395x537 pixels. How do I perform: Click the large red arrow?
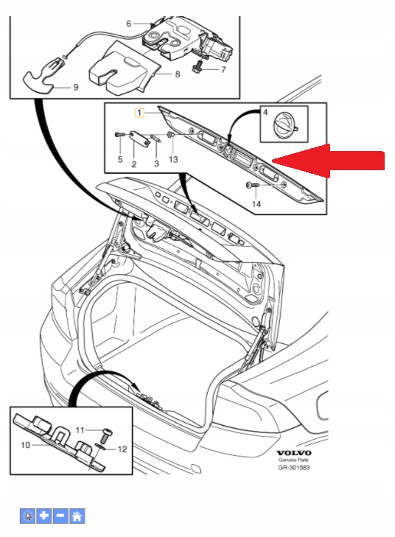pos(332,161)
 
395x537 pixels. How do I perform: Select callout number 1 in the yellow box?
pos(137,113)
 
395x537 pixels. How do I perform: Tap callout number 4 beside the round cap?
pos(266,113)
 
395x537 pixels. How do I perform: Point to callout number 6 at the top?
pos(128,24)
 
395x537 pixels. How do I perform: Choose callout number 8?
pos(177,74)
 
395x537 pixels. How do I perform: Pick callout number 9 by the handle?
pos(75,87)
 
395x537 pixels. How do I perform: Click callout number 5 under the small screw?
pos(120,158)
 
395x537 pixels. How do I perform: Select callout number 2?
pos(134,164)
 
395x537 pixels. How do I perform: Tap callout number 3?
pos(155,164)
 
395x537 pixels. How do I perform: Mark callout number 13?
pos(173,158)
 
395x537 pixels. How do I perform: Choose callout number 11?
pos(82,428)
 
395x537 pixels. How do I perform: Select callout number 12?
pos(122,449)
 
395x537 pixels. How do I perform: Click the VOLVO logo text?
pos(294,452)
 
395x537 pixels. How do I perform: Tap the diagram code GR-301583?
pos(294,467)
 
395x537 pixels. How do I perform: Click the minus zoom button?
pos(60,516)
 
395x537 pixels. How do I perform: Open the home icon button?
pos(77,516)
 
